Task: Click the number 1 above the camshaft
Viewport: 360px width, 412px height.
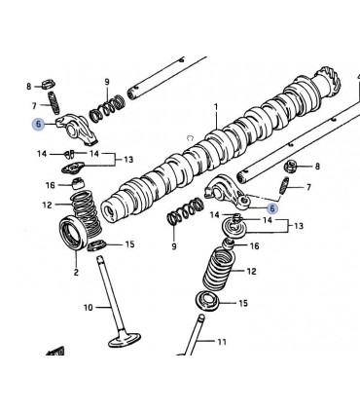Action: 216,106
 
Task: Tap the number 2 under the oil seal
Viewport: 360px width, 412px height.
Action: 76,272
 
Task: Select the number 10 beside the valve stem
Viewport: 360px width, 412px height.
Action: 89,307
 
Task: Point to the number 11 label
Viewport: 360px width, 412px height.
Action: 222,342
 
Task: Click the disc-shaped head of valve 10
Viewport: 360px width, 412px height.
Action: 125,339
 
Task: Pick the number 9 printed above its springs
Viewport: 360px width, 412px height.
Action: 107,82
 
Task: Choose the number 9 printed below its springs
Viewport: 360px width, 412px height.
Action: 174,246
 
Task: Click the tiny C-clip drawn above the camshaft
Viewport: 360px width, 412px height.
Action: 190,138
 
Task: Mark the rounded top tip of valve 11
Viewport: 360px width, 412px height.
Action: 201,316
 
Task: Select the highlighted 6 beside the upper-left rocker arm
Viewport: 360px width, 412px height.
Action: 38,124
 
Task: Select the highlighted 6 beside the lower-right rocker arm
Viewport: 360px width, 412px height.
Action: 272,208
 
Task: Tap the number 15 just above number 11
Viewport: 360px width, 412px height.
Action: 243,303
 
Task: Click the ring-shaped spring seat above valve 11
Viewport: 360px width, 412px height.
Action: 208,302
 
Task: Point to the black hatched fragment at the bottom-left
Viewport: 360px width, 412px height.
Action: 55,352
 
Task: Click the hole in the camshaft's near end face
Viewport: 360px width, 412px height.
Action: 110,213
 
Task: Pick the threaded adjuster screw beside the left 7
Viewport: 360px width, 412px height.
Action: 54,102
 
